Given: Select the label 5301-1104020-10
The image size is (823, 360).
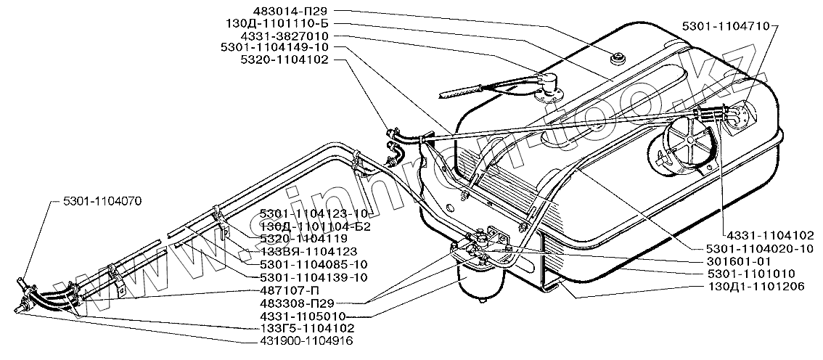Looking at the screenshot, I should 756,248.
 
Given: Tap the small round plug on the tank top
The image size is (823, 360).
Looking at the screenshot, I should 620,58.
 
